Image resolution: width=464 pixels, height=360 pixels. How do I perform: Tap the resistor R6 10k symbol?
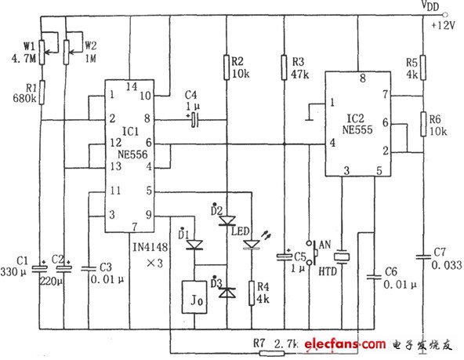click(x=422, y=123)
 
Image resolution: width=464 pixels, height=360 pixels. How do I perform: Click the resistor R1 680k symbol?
click(x=42, y=95)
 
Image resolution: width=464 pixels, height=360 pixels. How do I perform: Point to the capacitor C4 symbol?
click(x=195, y=119)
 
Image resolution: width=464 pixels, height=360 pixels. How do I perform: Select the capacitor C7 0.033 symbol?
click(x=422, y=254)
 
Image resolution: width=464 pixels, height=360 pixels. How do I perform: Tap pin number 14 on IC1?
click(x=131, y=87)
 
